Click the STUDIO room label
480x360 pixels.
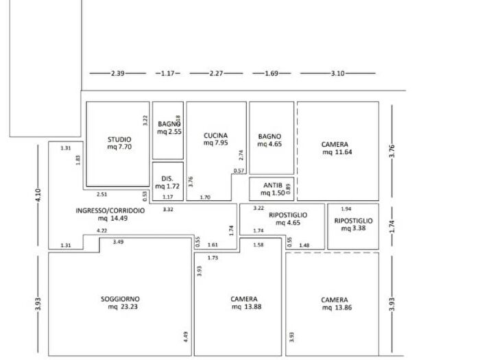119,139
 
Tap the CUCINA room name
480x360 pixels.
215,136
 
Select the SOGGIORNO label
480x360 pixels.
120,299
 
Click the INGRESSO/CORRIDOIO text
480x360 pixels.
110,211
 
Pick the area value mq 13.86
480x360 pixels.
335,309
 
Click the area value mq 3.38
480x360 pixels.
353,229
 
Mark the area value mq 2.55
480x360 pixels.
169,132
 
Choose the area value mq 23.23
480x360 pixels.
120,308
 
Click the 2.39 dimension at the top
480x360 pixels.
118,73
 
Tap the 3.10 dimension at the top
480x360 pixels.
338,73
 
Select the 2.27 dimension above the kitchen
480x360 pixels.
217,73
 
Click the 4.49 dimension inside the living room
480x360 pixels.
185,337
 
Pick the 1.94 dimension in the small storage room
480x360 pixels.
346,208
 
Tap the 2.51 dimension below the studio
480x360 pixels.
102,194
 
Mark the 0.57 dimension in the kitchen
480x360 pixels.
239,170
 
